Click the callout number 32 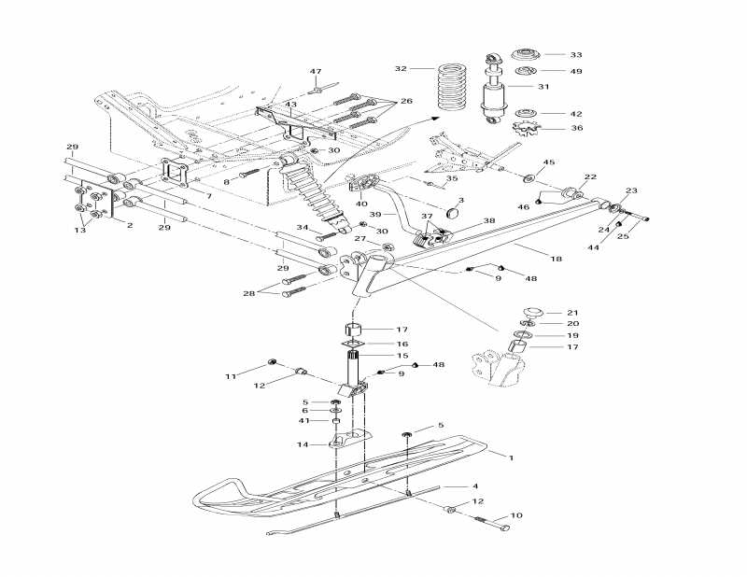coord(401,69)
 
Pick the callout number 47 coord(316,72)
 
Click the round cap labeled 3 coord(455,212)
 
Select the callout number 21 coord(573,312)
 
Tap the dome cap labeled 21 coord(533,312)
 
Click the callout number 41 coord(303,420)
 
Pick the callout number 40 coord(361,204)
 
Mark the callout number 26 coord(406,101)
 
